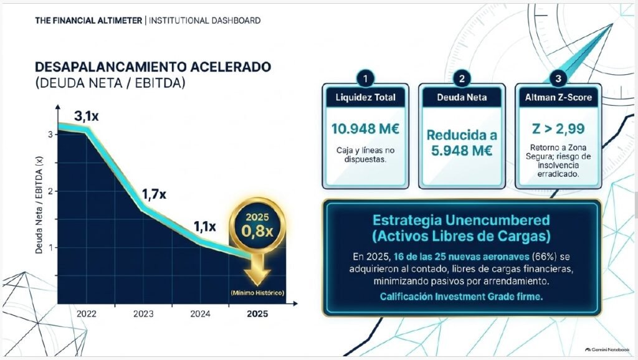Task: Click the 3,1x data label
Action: pos(86,116)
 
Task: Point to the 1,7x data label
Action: pos(154,194)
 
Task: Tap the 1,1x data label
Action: pos(204,227)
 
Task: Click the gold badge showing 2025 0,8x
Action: pos(257,225)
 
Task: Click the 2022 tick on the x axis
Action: pos(86,314)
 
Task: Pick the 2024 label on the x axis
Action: pos(200,314)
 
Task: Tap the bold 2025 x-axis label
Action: pos(257,314)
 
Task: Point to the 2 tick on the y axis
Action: pos(50,191)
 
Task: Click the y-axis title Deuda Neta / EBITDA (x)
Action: pos(39,205)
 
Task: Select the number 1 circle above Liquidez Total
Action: pos(365,78)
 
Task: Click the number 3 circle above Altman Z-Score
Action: pos(558,78)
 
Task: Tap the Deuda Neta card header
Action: pos(462,97)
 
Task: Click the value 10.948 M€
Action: pos(365,129)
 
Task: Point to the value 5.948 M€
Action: pos(462,151)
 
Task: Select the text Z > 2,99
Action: pos(558,129)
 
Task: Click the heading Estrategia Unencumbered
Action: pos(462,220)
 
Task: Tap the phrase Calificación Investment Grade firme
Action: pos(462,296)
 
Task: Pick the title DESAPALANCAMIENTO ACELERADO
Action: pos(153,67)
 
